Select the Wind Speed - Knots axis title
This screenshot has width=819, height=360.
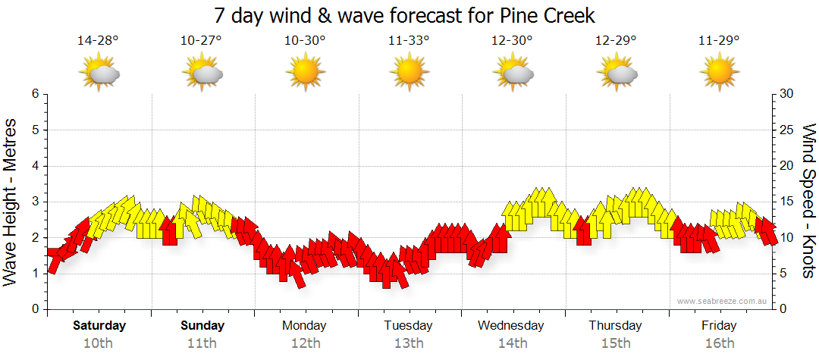click(x=808, y=201)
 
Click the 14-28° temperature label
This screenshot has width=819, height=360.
click(x=98, y=40)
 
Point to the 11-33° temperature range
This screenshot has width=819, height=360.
click(x=409, y=40)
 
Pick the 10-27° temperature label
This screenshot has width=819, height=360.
click(x=201, y=40)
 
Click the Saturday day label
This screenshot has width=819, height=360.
click(x=99, y=326)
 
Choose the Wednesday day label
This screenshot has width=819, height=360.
click(x=511, y=326)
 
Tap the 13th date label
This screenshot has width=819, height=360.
click(x=409, y=343)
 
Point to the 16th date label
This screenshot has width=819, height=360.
click(x=719, y=343)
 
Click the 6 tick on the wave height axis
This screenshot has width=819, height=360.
click(x=34, y=94)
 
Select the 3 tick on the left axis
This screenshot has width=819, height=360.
click(x=34, y=202)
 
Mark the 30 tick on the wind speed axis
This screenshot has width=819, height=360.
click(x=787, y=94)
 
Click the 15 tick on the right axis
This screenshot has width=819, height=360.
click(x=787, y=202)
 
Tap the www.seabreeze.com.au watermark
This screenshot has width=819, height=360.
click(x=723, y=302)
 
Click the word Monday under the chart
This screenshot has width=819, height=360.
click(x=304, y=326)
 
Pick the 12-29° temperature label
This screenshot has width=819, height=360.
click(x=616, y=40)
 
